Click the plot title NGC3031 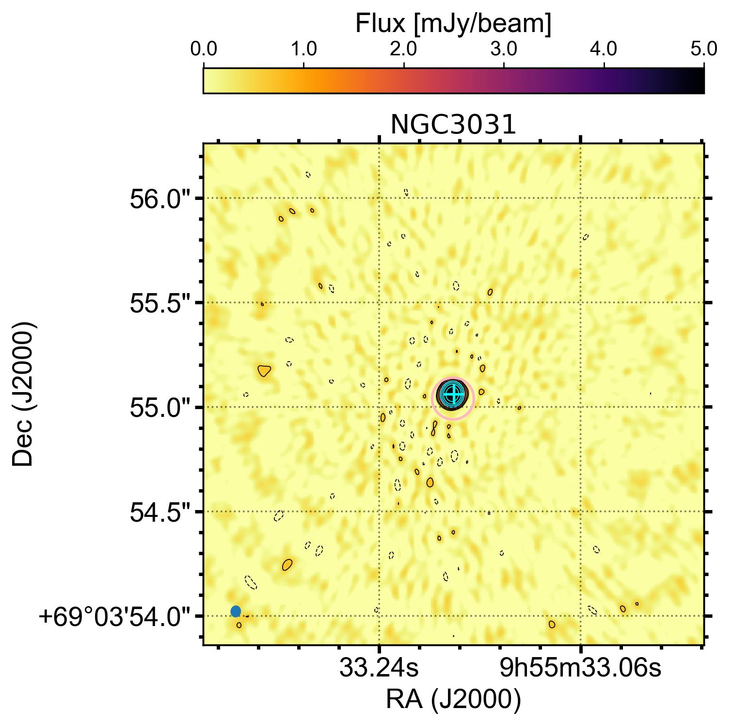(x=453, y=125)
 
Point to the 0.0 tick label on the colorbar (x=203, y=50)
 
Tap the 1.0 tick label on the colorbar (x=303, y=50)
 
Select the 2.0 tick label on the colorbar (x=403, y=50)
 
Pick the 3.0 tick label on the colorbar (x=504, y=50)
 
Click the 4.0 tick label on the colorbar (x=604, y=50)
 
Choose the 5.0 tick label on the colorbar (x=703, y=50)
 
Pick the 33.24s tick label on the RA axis (x=379, y=669)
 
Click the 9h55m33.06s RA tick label (x=580, y=669)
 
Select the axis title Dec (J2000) (x=23, y=394)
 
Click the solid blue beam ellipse (x=236, y=611)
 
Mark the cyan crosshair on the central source (x=452, y=393)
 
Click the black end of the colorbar (x=698, y=81)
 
